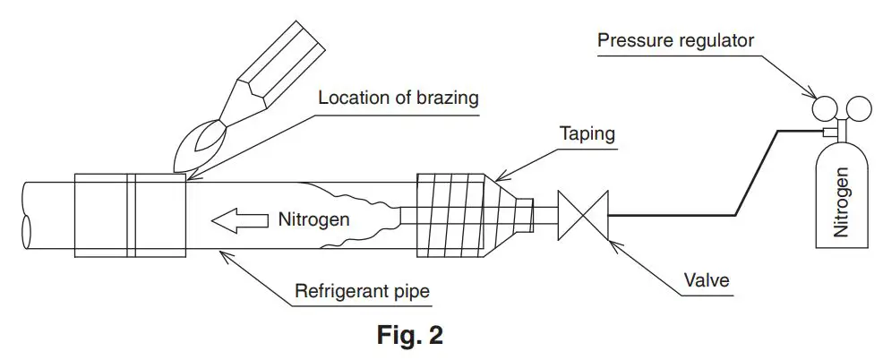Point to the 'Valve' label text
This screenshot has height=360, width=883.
click(704, 281)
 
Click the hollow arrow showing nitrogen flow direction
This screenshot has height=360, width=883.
click(240, 219)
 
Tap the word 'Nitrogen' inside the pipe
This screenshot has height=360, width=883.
click(313, 219)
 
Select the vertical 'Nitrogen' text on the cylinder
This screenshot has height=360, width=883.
click(840, 202)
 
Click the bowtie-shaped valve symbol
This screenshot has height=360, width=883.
click(581, 215)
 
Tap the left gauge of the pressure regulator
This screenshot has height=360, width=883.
click(821, 107)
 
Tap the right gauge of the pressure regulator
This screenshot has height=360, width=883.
click(858, 107)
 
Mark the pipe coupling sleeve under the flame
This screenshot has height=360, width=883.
click(130, 215)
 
